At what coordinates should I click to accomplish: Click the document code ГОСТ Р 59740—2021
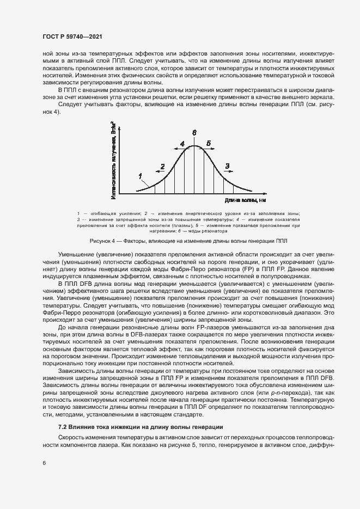click(73, 36)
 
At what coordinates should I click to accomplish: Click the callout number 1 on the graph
click(140, 175)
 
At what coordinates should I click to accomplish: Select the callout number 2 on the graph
click(162, 165)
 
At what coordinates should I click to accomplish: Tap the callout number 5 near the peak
click(208, 143)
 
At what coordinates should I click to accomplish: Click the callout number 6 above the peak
click(194, 132)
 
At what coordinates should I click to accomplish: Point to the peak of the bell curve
click(194, 145)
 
